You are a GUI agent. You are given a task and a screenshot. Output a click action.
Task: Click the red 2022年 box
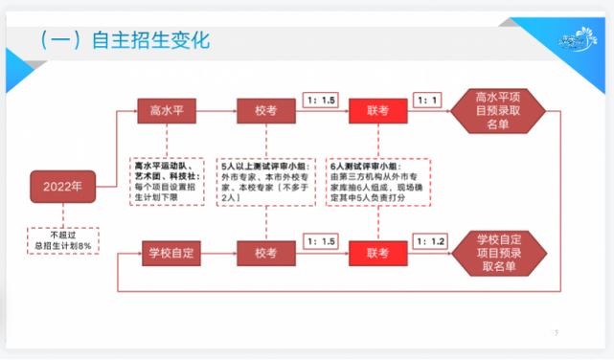(x=61, y=186)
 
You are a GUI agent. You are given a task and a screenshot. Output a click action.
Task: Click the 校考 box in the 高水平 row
(x=265, y=111)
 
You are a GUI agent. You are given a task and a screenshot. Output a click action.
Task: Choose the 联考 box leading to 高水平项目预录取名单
(x=376, y=111)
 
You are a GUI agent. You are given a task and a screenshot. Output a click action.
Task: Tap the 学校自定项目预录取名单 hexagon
(x=499, y=252)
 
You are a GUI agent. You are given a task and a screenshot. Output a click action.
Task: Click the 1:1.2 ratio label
(x=428, y=240)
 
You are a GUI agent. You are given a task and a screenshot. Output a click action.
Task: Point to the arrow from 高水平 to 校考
(x=217, y=111)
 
